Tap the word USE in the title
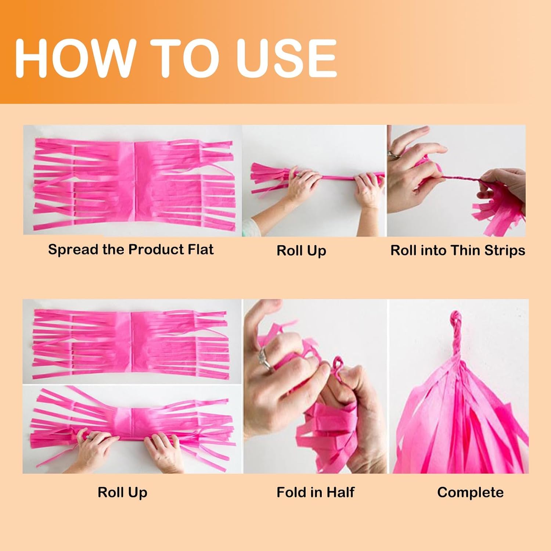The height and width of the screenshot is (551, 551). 287,57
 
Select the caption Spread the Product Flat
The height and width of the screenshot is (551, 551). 131,249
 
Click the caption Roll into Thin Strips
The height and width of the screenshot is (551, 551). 458,250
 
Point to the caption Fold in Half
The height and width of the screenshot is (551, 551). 316,492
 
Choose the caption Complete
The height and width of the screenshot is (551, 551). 470,492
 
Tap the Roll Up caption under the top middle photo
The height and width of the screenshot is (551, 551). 301,251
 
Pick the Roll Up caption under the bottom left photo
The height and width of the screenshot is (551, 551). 122,492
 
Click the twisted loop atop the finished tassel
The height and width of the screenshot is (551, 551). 455,331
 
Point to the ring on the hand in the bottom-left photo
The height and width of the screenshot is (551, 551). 89,437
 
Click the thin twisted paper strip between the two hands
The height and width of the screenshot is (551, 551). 461,178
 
